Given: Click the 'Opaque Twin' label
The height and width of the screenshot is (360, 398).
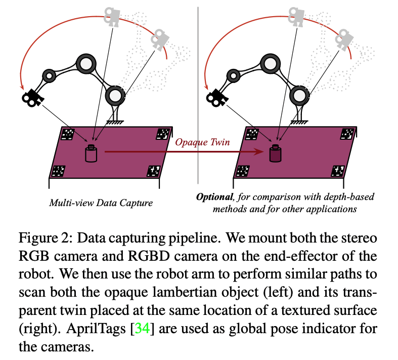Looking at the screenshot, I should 202,142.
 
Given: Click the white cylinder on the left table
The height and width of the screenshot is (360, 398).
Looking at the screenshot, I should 91,153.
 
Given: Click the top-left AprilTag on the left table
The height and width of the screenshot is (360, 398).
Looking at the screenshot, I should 68,134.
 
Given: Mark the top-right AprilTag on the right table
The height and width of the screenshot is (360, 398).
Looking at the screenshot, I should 347,134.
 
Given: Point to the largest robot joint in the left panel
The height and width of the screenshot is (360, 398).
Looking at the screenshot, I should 86,64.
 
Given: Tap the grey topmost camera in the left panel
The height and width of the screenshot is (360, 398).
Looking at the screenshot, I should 111,15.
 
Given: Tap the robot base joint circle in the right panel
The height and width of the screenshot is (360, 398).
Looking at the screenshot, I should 299,95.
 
